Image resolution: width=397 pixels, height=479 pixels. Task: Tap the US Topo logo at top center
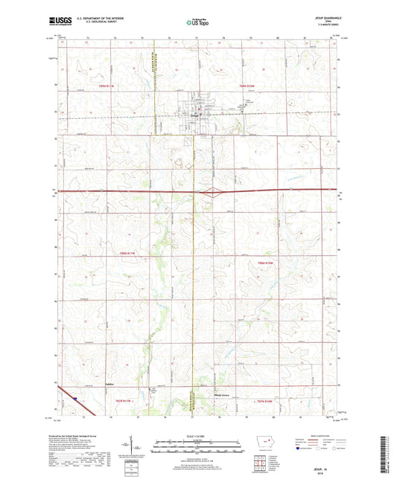coord(197,23)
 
